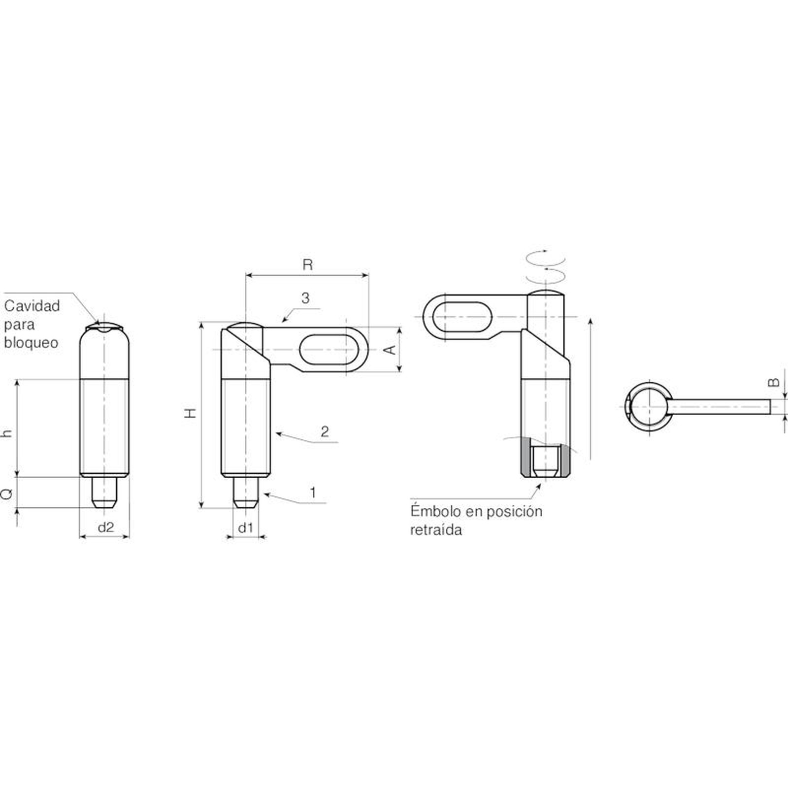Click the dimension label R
point(307,265)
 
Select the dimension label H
point(191,413)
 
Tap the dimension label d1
point(245,528)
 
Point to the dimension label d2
point(105,527)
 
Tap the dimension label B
point(774,382)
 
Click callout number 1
point(312,492)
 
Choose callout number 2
point(325,431)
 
